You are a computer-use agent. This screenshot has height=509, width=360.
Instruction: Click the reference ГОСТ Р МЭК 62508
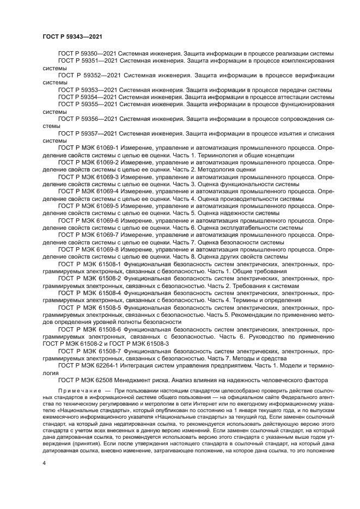click(x=86, y=380)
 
